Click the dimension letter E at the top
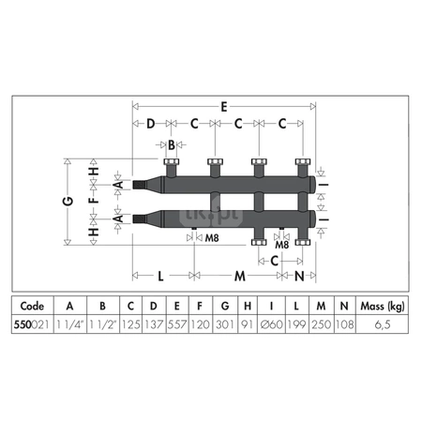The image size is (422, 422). click(224, 107)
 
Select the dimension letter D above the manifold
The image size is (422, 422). click(151, 124)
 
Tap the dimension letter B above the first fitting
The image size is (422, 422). click(172, 145)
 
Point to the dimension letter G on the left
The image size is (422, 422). click(68, 201)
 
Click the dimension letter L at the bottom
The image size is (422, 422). click(160, 276)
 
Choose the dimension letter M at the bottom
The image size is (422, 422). click(240, 276)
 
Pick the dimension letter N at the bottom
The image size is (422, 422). click(299, 276)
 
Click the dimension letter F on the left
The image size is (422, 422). click(94, 199)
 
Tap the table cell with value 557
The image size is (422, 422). click(176, 324)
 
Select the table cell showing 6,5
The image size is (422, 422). click(382, 324)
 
